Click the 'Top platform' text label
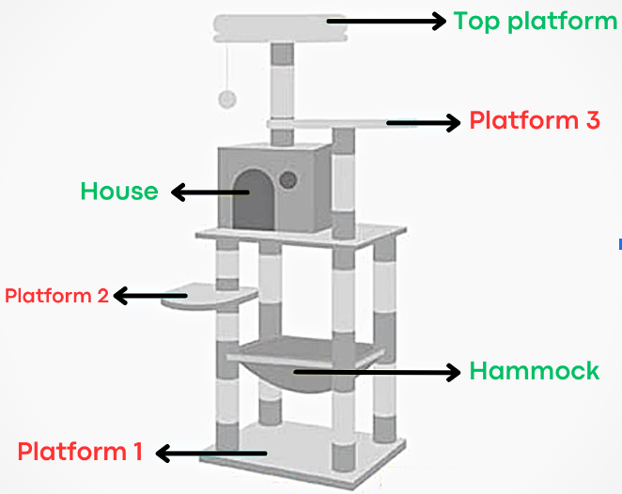coord(535,21)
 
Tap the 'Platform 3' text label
coord(534,121)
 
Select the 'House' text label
coord(118,192)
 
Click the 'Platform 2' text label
coord(56,296)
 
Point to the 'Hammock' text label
coord(534,371)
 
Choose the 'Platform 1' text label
coord(80,452)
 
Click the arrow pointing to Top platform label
coord(385,21)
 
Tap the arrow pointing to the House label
coord(209,193)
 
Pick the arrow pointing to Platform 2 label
coord(150,297)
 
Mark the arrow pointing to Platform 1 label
coord(210,454)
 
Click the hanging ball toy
coord(226,99)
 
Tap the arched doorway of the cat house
coord(251,197)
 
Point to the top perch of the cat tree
coord(280,28)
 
